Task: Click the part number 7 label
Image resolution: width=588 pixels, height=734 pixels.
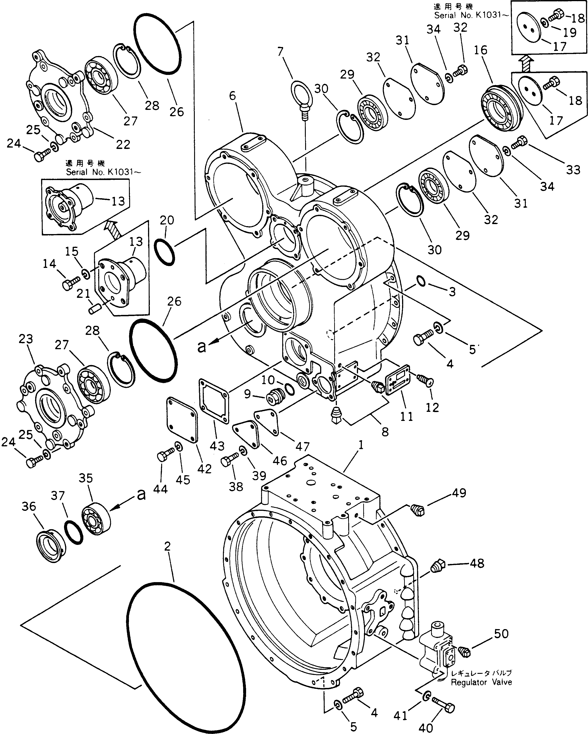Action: [x=280, y=52]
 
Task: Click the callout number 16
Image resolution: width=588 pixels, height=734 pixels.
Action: [x=480, y=50]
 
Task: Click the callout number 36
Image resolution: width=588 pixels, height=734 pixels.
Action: [x=29, y=506]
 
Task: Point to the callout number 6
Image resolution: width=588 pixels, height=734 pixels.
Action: [x=232, y=96]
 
